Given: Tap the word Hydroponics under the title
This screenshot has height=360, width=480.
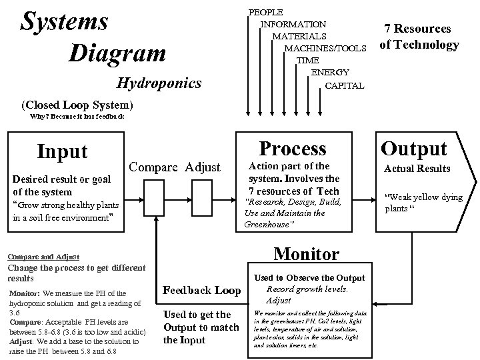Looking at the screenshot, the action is pyautogui.click(x=159, y=83).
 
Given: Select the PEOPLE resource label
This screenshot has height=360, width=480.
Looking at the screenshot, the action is pyautogui.click(x=265, y=12).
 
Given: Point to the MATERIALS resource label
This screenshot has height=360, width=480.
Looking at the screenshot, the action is pyautogui.click(x=299, y=36).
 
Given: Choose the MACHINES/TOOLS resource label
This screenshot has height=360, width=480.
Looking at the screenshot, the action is pyautogui.click(x=325, y=48).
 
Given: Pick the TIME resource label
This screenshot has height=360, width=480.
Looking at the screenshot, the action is pyautogui.click(x=307, y=60).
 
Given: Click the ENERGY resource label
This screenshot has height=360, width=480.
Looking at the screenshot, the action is pyautogui.click(x=330, y=72).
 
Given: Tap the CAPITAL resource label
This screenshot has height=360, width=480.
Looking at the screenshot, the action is pyautogui.click(x=344, y=85).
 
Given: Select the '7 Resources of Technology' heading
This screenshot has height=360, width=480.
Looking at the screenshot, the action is pyautogui.click(x=419, y=37).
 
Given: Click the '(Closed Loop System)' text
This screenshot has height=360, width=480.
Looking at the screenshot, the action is pyautogui.click(x=77, y=105).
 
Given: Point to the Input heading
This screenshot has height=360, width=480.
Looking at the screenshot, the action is pyautogui.click(x=62, y=151).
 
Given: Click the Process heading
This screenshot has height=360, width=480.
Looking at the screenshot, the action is pyautogui.click(x=292, y=148).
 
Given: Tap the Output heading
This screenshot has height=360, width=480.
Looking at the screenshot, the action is pyautogui.click(x=413, y=148).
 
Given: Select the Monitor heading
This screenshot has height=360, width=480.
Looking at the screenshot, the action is pyautogui.click(x=307, y=254).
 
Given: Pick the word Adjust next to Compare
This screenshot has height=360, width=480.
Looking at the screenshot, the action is pyautogui.click(x=203, y=167).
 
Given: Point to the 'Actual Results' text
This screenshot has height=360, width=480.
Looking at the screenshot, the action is pyautogui.click(x=417, y=169).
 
